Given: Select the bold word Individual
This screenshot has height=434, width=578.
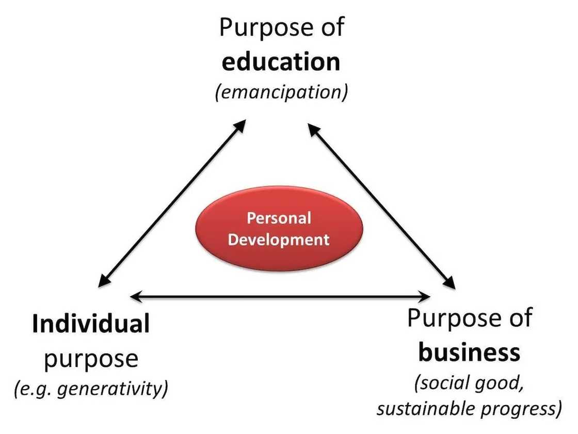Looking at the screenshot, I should (91, 324).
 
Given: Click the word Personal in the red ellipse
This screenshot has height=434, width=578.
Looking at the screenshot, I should (279, 218).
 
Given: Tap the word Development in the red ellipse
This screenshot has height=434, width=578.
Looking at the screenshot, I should (279, 239).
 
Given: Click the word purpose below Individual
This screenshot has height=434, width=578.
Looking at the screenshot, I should (91, 358).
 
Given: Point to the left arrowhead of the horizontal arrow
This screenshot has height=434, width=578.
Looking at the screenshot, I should (135, 296).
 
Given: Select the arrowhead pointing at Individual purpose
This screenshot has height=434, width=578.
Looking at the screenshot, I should (103, 281).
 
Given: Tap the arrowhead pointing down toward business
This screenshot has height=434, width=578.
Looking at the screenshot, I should (449, 283).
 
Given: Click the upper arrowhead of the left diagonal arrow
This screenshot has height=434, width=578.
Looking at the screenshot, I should (242, 124).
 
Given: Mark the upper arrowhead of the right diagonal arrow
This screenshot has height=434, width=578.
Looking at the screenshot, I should (312, 126).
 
